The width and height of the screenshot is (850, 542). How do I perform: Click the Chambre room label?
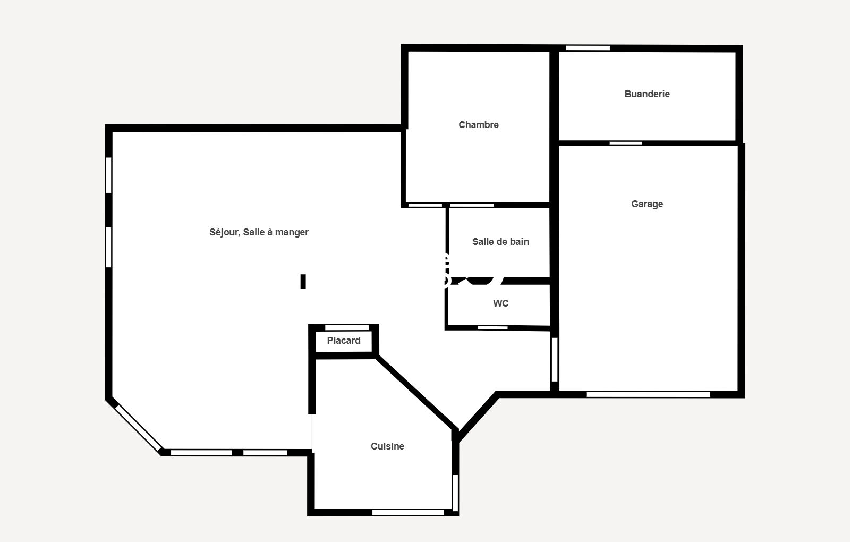pyautogui.click(x=479, y=125)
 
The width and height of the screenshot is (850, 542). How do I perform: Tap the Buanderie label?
pyautogui.click(x=647, y=94)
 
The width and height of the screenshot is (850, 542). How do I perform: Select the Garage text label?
pyautogui.click(x=647, y=204)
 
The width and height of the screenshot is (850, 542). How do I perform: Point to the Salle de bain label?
pyautogui.click(x=500, y=242)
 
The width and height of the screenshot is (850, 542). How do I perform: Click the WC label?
pyautogui.click(x=500, y=303)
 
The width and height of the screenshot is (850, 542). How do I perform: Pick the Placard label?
pyautogui.click(x=344, y=341)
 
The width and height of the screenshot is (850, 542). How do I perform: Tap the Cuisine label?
pyautogui.click(x=387, y=446)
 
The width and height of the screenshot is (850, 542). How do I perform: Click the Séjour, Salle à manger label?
pyautogui.click(x=259, y=232)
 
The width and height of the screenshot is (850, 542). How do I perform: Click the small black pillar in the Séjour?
pyautogui.click(x=303, y=282)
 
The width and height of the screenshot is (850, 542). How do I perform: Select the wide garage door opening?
pyautogui.click(x=648, y=394)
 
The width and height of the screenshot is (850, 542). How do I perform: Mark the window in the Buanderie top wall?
pyautogui.click(x=588, y=48)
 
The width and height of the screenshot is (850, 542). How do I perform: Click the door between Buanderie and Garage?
pyautogui.click(x=626, y=143)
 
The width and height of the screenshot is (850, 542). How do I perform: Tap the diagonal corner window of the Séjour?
pyautogui.click(x=138, y=428)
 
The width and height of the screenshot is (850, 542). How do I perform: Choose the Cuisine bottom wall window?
pyautogui.click(x=408, y=512)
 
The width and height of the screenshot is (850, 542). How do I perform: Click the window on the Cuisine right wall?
pyautogui.click(x=455, y=493)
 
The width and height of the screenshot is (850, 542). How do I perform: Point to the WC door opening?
pyautogui.click(x=492, y=327)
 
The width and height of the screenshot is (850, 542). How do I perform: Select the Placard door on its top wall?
pyautogui.click(x=347, y=327)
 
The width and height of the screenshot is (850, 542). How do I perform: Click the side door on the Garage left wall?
pyautogui.click(x=555, y=359)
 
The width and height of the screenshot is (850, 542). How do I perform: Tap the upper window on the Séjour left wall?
pyautogui.click(x=108, y=175)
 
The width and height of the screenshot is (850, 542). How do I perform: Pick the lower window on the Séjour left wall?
pyautogui.click(x=108, y=247)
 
